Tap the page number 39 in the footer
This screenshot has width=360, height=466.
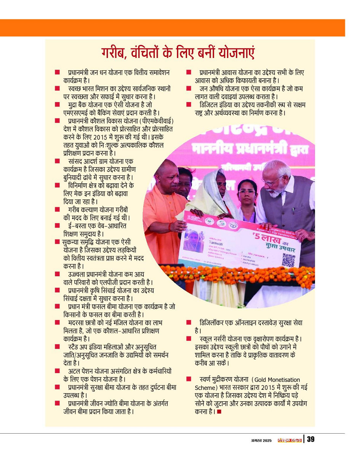tap(310, 439)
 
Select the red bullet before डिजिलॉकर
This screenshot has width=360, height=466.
tap(189, 323)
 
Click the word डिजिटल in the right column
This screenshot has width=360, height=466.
tap(209, 104)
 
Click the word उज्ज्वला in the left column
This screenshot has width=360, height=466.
tap(77, 274)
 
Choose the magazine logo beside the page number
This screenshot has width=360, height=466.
tap(289, 440)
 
